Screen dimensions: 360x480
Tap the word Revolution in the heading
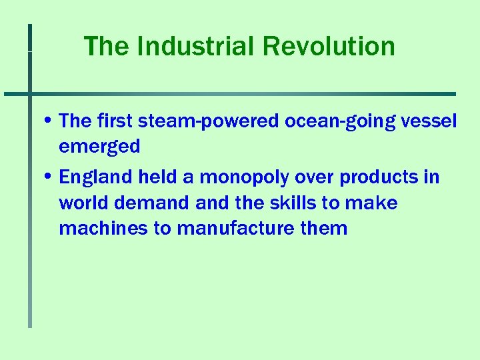(x=329, y=47)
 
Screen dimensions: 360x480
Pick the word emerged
(x=99, y=146)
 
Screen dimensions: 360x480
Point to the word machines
(x=103, y=228)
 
